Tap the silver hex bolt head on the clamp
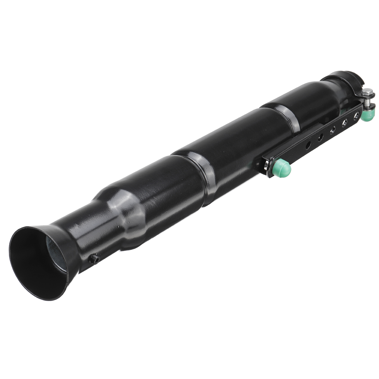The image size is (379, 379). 368,93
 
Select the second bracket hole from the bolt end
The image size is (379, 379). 345,122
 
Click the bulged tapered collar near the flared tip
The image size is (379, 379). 126,215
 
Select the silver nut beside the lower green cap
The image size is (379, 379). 268,167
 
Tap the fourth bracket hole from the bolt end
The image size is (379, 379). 321,137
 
